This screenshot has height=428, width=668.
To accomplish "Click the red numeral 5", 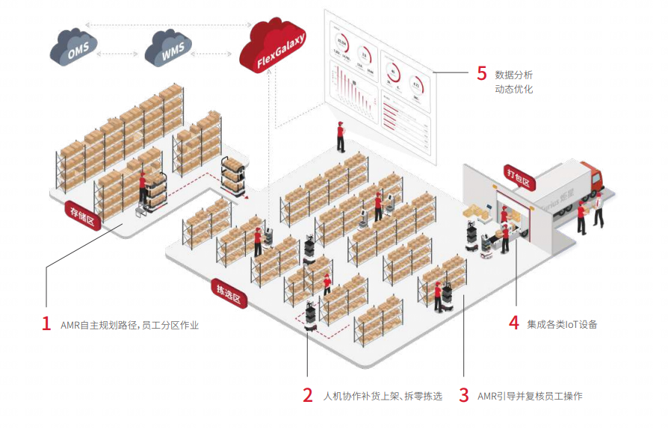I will click(481, 74).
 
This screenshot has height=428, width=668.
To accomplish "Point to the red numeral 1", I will click(46, 324).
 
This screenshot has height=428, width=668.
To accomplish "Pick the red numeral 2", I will click(308, 396).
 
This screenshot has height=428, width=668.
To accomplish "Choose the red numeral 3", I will click(464, 396).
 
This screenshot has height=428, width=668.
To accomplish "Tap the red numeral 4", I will click(513, 323).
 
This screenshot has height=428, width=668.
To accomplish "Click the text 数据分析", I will click(513, 75).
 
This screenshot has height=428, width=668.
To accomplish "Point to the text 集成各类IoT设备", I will click(562, 324).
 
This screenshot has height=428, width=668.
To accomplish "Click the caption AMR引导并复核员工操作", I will click(530, 396).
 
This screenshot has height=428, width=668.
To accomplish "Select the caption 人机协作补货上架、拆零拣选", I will click(383, 396).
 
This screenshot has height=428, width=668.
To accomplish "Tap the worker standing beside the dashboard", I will click(341, 137).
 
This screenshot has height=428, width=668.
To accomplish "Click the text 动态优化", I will click(513, 90).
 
